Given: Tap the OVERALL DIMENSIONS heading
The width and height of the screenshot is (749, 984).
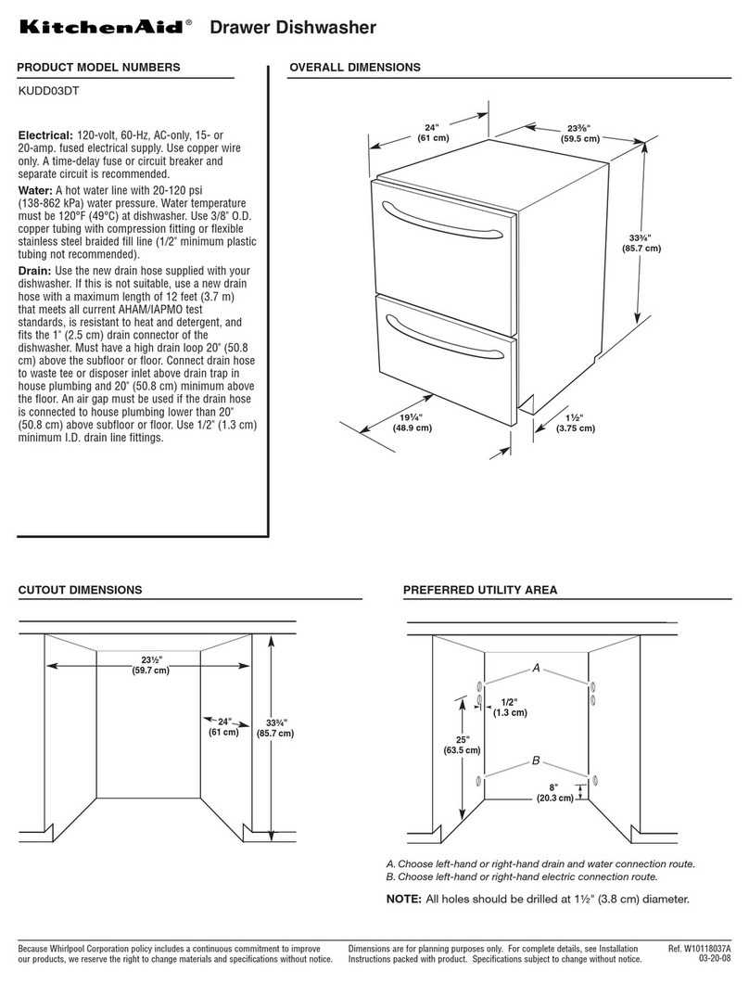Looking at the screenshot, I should point(355,67).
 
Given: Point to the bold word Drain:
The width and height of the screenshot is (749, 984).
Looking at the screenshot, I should point(38,269).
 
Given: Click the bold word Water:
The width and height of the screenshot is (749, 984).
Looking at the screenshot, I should point(38,190).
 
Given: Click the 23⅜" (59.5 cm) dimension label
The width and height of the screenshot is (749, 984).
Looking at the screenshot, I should point(579,134).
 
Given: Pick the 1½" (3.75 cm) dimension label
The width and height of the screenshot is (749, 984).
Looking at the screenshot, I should point(575,423).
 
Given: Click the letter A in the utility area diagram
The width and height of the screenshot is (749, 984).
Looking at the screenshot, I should point(535,668).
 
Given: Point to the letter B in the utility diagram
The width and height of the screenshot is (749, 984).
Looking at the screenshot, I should point(535,760).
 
